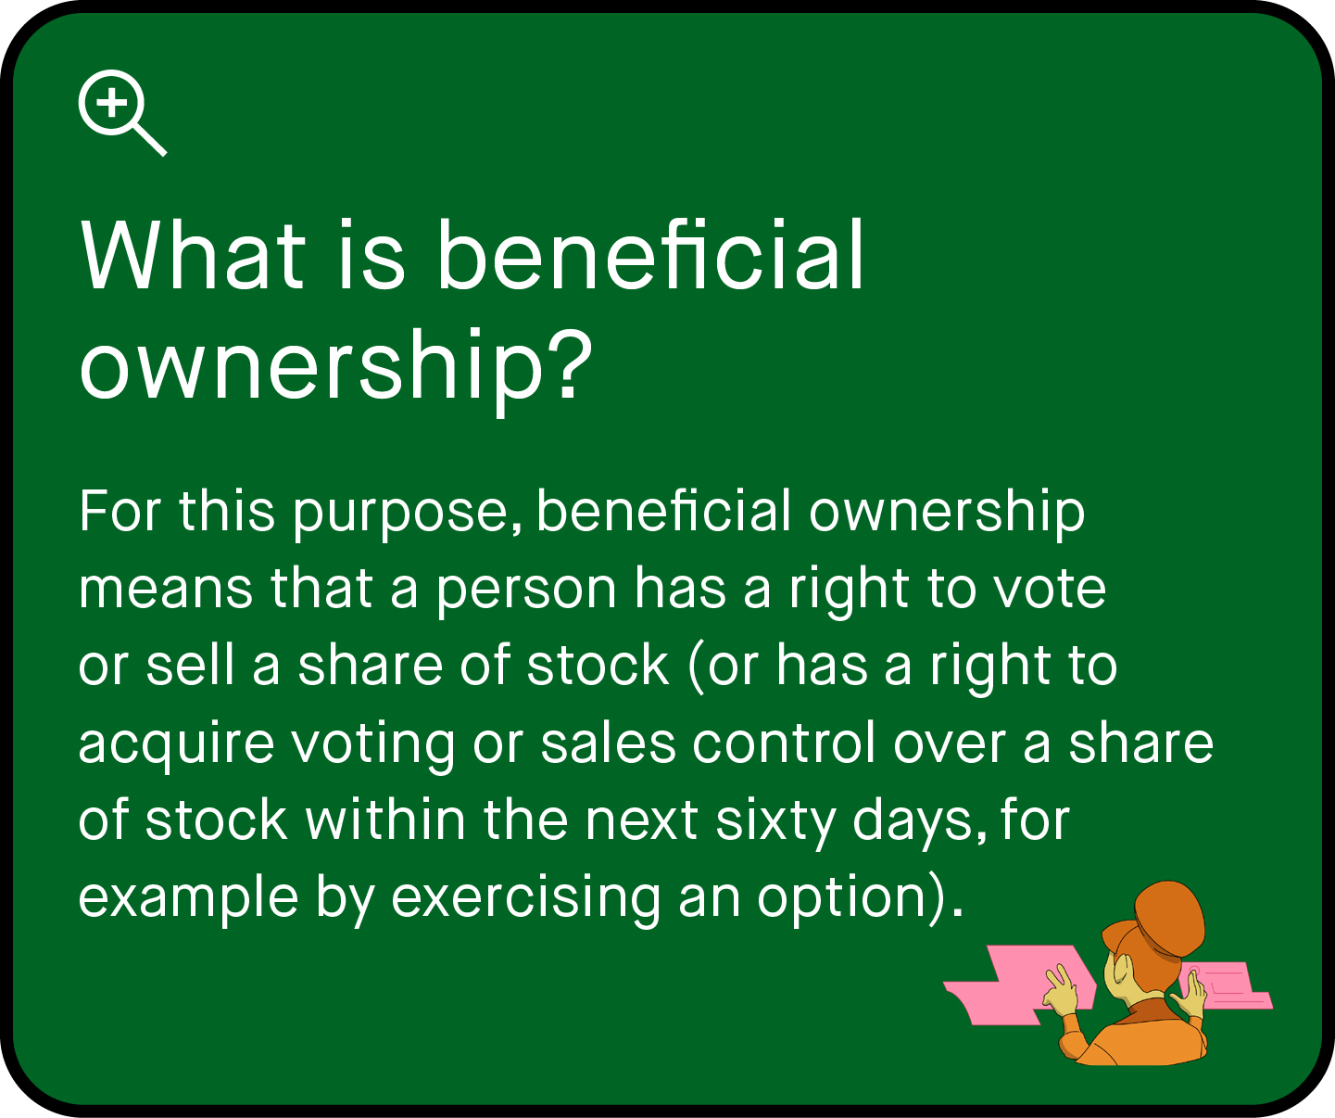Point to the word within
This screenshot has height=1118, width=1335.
point(385,820)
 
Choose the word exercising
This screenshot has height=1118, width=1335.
point(526,898)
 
